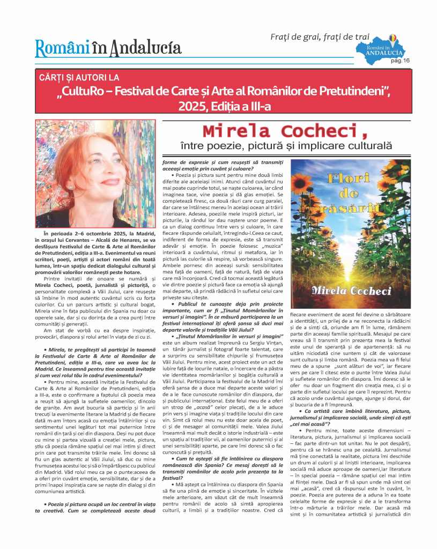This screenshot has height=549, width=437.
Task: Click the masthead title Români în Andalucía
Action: point(108,48)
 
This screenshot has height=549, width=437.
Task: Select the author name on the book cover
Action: point(351,290)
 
